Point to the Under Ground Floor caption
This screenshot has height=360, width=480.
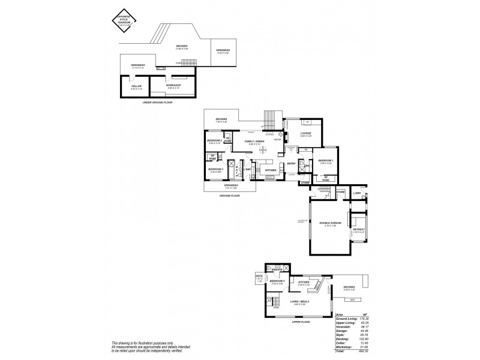(155, 103)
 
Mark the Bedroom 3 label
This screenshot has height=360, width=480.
(216, 169)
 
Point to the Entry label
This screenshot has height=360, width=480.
(291, 164)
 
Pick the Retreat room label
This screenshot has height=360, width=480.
(359, 229)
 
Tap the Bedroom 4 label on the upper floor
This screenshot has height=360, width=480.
(276, 281)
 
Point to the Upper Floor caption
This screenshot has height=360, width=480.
(300, 322)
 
